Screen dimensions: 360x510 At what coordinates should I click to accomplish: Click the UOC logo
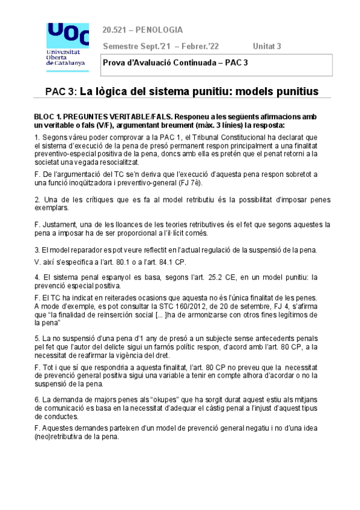(66, 43)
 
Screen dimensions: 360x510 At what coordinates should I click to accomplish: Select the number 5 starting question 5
(37, 339)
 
